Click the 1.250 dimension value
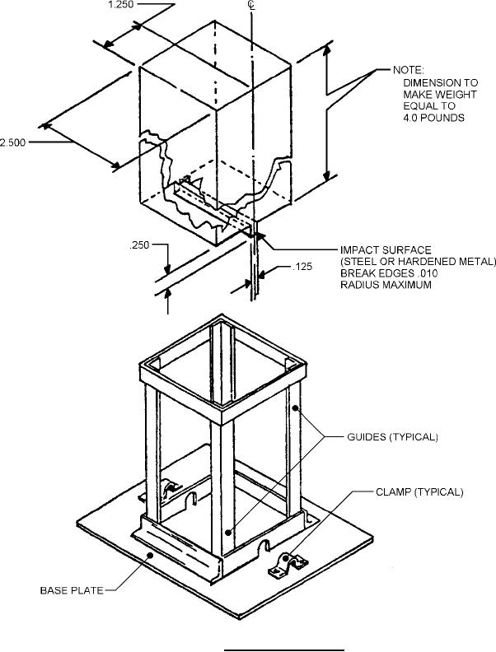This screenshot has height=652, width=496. [x=120, y=5]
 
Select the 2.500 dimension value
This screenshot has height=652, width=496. [x=12, y=142]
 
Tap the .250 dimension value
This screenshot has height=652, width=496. [x=139, y=245]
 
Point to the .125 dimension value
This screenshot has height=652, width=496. [x=302, y=267]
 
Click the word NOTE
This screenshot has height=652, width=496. [x=407, y=70]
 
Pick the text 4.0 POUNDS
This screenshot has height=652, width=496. [x=433, y=118]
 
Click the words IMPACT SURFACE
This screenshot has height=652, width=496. [x=386, y=250]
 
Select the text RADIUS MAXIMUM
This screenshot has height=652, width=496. [x=386, y=285]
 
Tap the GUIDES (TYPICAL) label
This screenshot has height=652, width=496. [x=392, y=437]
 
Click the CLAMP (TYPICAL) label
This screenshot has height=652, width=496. [x=419, y=492]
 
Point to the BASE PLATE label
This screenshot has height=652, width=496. [x=72, y=590]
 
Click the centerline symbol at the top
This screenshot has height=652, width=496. [x=251, y=5]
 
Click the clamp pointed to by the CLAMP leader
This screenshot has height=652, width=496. [x=288, y=563]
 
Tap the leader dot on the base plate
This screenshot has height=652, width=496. [x=150, y=555]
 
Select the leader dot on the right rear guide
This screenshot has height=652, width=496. [x=296, y=408]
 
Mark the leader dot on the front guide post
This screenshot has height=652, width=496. [x=228, y=533]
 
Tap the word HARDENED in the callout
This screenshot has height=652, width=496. [x=419, y=262]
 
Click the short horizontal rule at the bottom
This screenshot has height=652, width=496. [x=284, y=650]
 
